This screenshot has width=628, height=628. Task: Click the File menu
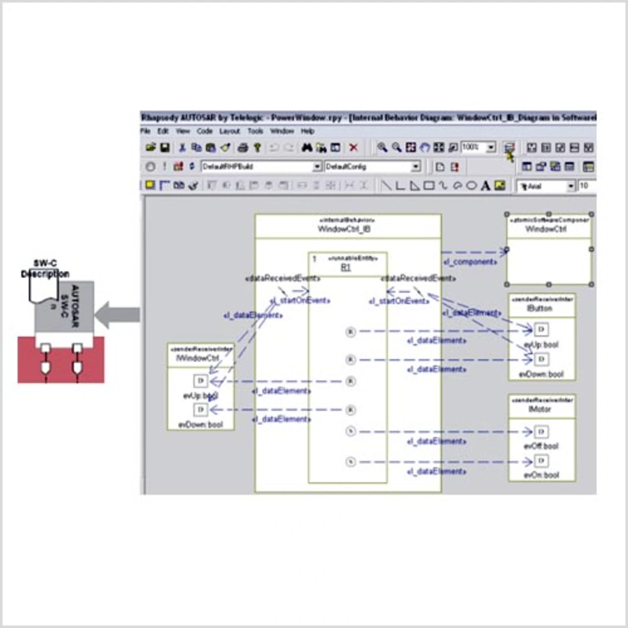coord(145,131)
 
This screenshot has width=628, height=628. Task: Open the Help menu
coord(308,131)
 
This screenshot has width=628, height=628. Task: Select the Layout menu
coord(229,131)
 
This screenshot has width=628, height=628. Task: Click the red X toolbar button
coord(353,148)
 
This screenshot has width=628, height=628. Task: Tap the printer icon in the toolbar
coord(242,148)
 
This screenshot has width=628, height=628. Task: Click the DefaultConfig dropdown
coord(372,167)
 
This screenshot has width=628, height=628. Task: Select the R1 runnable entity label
coord(346,267)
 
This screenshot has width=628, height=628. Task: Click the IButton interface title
coord(540,309)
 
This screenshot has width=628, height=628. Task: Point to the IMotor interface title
coord(540,409)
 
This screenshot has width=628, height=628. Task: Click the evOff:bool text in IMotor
coord(541,446)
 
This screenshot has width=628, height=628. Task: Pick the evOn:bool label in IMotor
coord(541,475)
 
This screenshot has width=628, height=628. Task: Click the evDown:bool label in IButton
coord(541,374)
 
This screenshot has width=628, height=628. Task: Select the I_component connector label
coord(470,262)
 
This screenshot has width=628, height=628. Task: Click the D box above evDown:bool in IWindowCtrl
coord(200,409)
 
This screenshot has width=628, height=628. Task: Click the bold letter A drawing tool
coord(485,185)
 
